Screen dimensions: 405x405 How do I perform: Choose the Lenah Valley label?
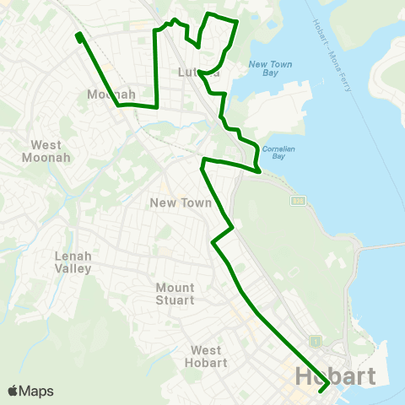pos(73,262)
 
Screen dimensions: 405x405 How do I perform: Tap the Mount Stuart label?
pos(175,294)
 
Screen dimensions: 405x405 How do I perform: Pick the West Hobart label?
pos(206,356)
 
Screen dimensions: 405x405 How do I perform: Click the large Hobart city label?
pos(335,376)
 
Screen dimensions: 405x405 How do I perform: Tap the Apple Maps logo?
pos(30,391)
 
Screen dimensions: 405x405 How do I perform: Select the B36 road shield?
pos(297,201)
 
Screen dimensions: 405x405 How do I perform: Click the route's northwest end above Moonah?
pos(78,36)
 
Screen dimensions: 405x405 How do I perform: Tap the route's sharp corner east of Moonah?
pos(158,106)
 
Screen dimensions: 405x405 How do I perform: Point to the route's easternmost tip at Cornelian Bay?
pos(258,170)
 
